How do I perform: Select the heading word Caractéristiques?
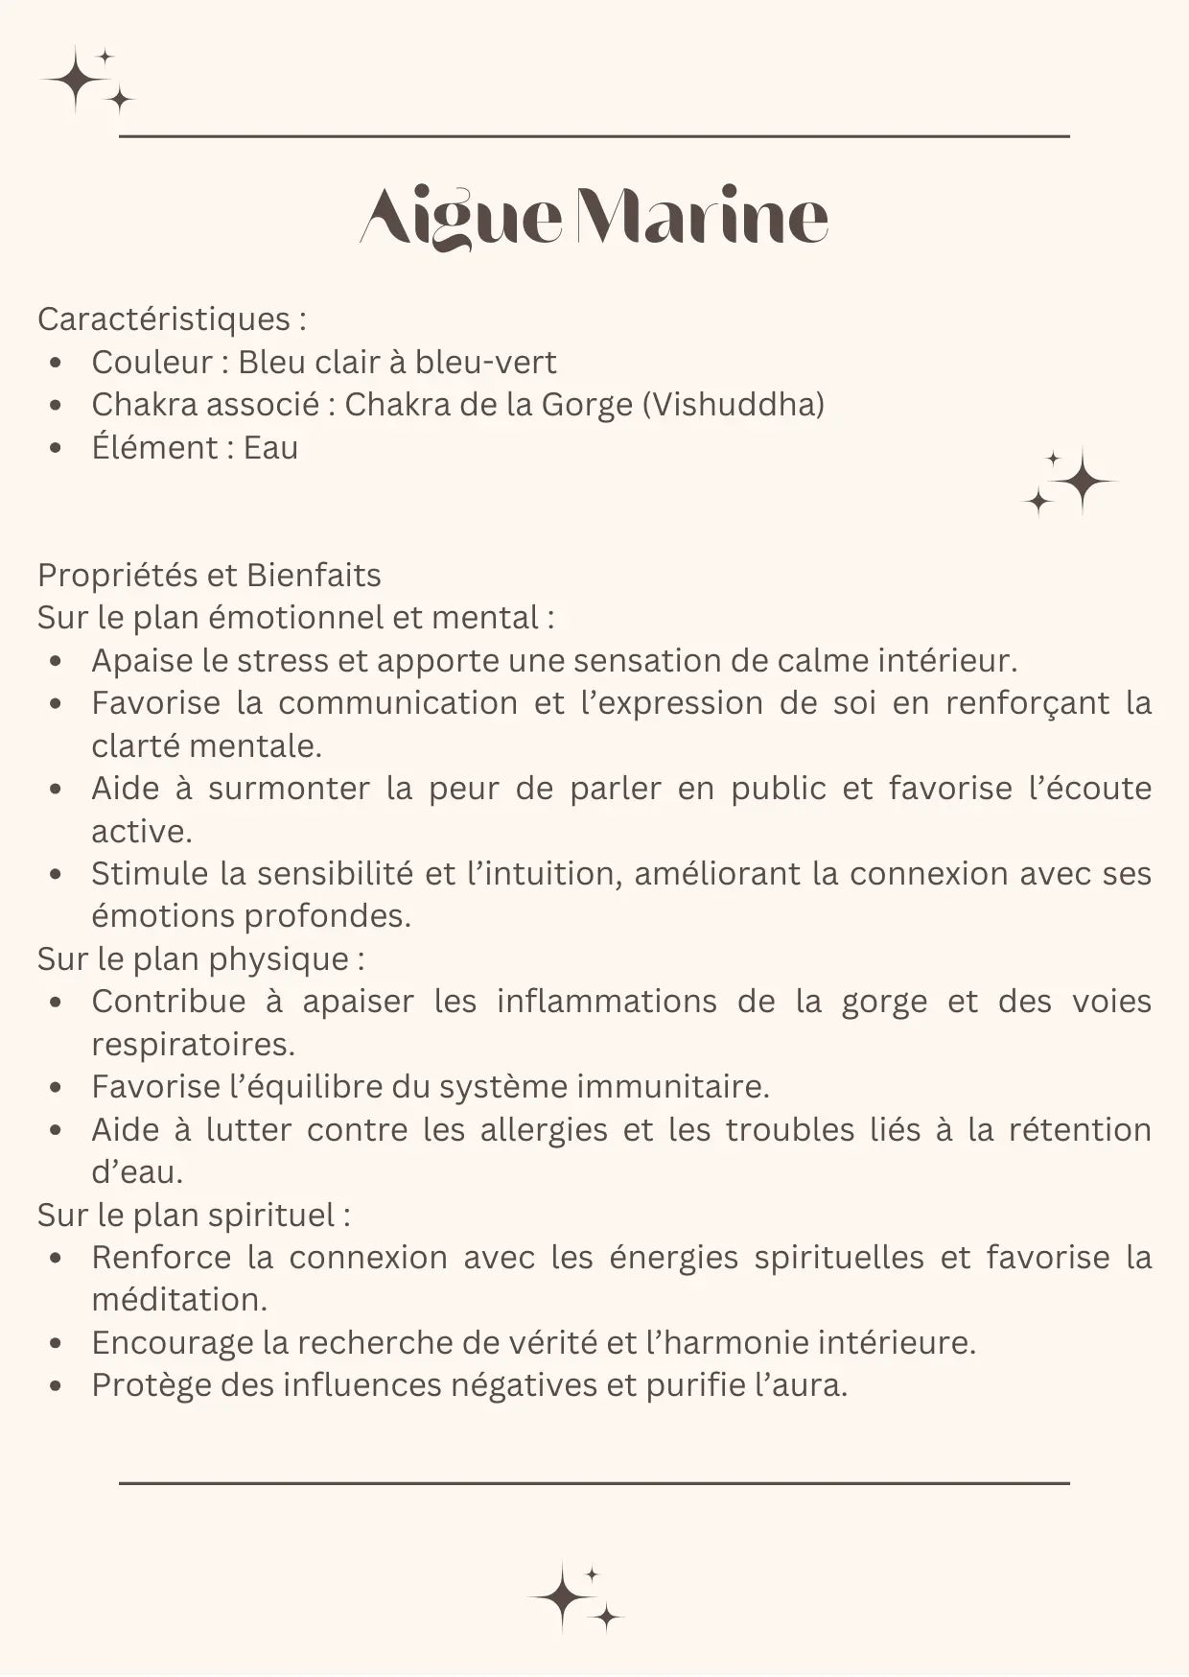164,319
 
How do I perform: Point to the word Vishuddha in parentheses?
733,405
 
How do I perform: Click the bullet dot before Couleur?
57,364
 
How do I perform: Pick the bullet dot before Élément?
57,449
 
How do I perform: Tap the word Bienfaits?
314,576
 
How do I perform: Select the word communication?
398,703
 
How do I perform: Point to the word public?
778,789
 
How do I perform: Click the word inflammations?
606,1002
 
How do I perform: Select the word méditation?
179,1300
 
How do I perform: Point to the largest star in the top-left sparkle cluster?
75,80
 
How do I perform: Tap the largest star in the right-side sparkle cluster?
1083,481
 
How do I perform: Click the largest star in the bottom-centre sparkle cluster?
564,1597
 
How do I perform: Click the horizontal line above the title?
594,137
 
